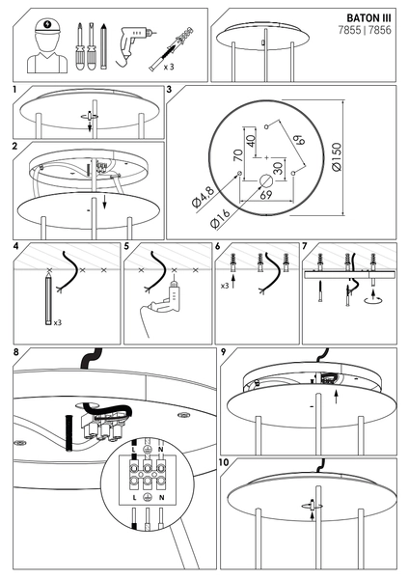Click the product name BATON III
pyautogui.click(x=368, y=18)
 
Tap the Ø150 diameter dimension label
pyautogui.click(x=337, y=157)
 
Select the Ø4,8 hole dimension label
pyautogui.click(x=203, y=198)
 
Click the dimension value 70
pyautogui.click(x=238, y=155)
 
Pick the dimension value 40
pyautogui.click(x=251, y=141)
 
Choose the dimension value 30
pyautogui.click(x=279, y=168)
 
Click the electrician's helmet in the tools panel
pyautogui.click(x=47, y=27)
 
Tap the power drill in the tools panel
pyautogui.click(x=134, y=46)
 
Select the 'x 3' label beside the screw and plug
pyautogui.click(x=169, y=67)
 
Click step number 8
pyautogui.click(x=15, y=352)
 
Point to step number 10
pyautogui.click(x=224, y=462)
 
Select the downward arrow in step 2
pyautogui.click(x=105, y=202)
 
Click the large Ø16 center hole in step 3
pyautogui.click(x=266, y=181)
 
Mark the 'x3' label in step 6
pyautogui.click(x=225, y=286)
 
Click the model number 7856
pyautogui.click(x=380, y=30)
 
